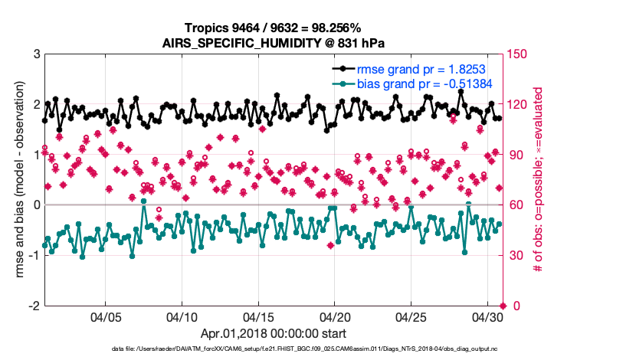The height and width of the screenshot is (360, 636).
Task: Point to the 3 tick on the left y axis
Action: pyautogui.click(x=35, y=54)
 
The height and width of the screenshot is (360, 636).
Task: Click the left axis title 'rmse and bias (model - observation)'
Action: pyautogui.click(x=16, y=179)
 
